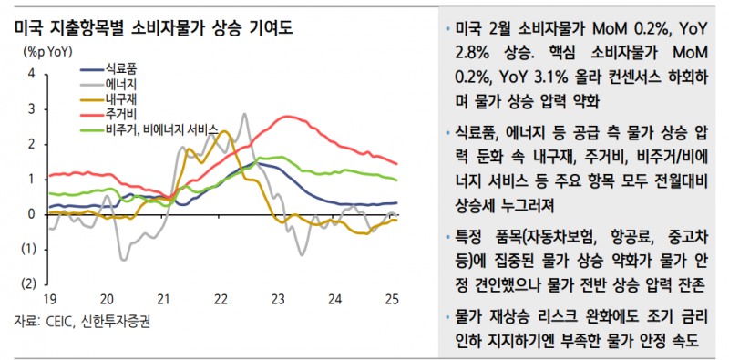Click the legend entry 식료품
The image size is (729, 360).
pos(122,69)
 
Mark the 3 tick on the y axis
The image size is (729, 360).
pos(33,108)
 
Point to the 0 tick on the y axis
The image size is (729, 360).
pos(33,214)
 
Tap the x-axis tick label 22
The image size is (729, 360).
pos(221,299)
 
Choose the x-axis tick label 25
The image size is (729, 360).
pos(391,299)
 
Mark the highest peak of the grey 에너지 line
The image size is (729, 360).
pos(244,115)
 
